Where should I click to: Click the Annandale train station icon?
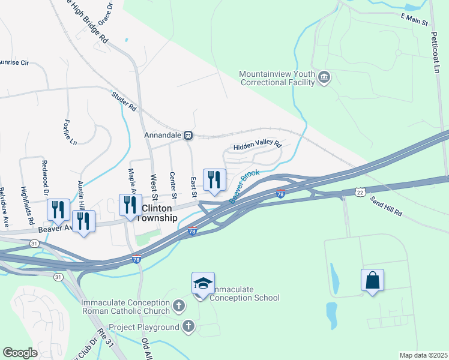point(188,136)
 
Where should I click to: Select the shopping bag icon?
point(372,280)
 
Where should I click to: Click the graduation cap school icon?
point(203,283)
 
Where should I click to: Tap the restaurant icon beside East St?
point(214,179)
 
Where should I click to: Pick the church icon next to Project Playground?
point(188,327)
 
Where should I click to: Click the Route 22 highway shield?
point(360,192)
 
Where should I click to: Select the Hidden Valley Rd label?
point(257,145)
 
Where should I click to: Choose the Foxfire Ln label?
point(70,133)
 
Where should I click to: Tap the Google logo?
point(20,352)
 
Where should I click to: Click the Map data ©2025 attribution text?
point(423,355)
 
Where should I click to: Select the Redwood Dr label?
point(44,174)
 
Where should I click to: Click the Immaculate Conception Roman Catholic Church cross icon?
point(178,307)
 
